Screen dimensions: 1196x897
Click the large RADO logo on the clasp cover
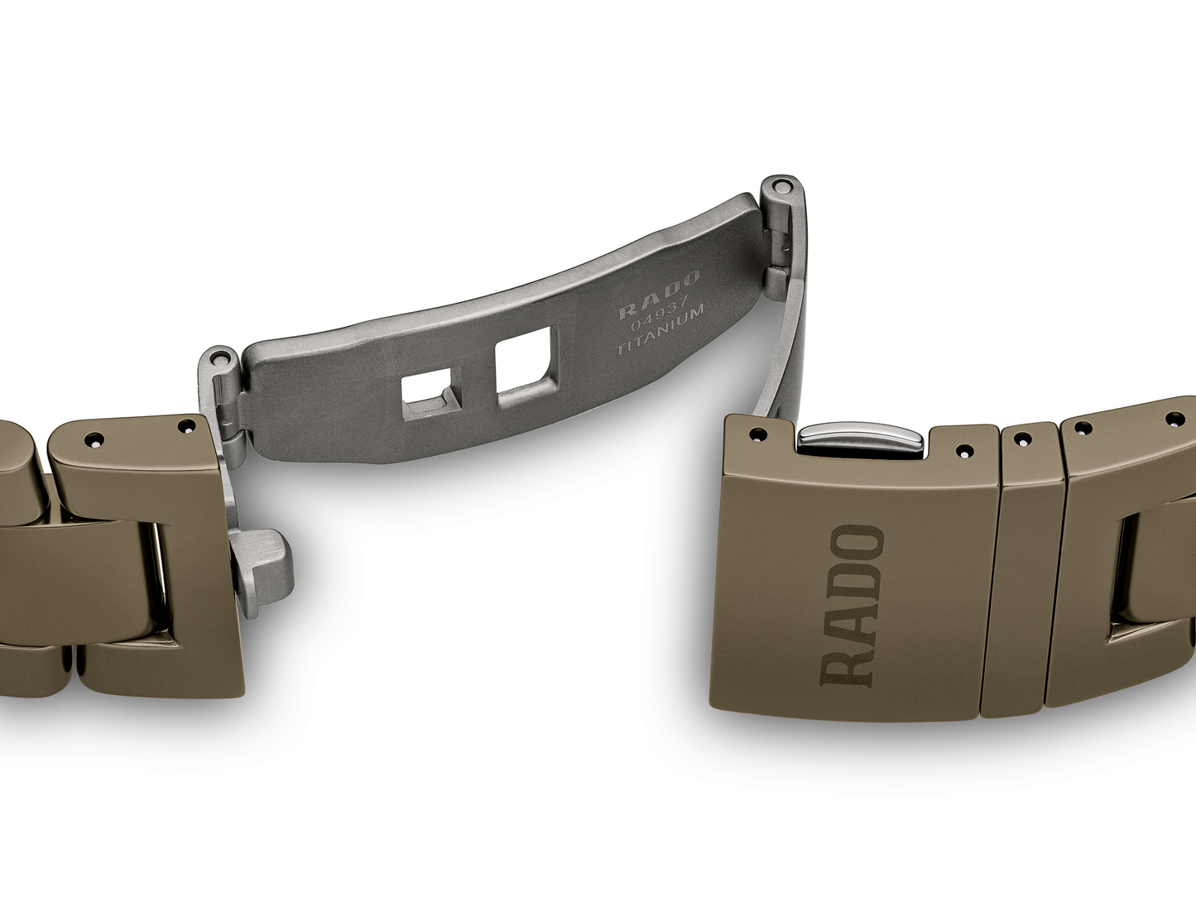click(x=852, y=606)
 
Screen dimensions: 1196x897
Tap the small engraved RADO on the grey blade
click(x=658, y=295)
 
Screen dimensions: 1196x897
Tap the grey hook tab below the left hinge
click(x=261, y=573)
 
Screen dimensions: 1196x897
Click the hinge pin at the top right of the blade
click(x=784, y=186)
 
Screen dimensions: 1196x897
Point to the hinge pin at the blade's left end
click(x=219, y=359)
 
